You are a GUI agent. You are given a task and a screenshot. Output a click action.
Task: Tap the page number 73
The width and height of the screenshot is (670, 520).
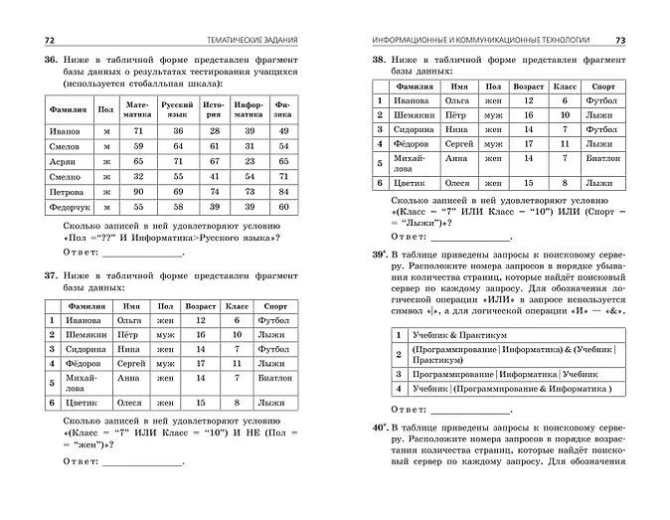point(619,40)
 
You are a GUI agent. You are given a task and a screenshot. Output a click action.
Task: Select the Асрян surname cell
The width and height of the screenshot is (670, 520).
point(65,160)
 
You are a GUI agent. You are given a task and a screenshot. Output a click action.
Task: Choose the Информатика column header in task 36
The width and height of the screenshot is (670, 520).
point(249,108)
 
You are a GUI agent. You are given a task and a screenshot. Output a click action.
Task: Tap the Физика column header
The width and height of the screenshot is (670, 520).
point(283,108)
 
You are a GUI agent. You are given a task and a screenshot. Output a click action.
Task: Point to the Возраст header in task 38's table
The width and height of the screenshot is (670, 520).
point(529,87)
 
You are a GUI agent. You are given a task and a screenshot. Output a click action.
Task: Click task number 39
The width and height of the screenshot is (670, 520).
point(379,256)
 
